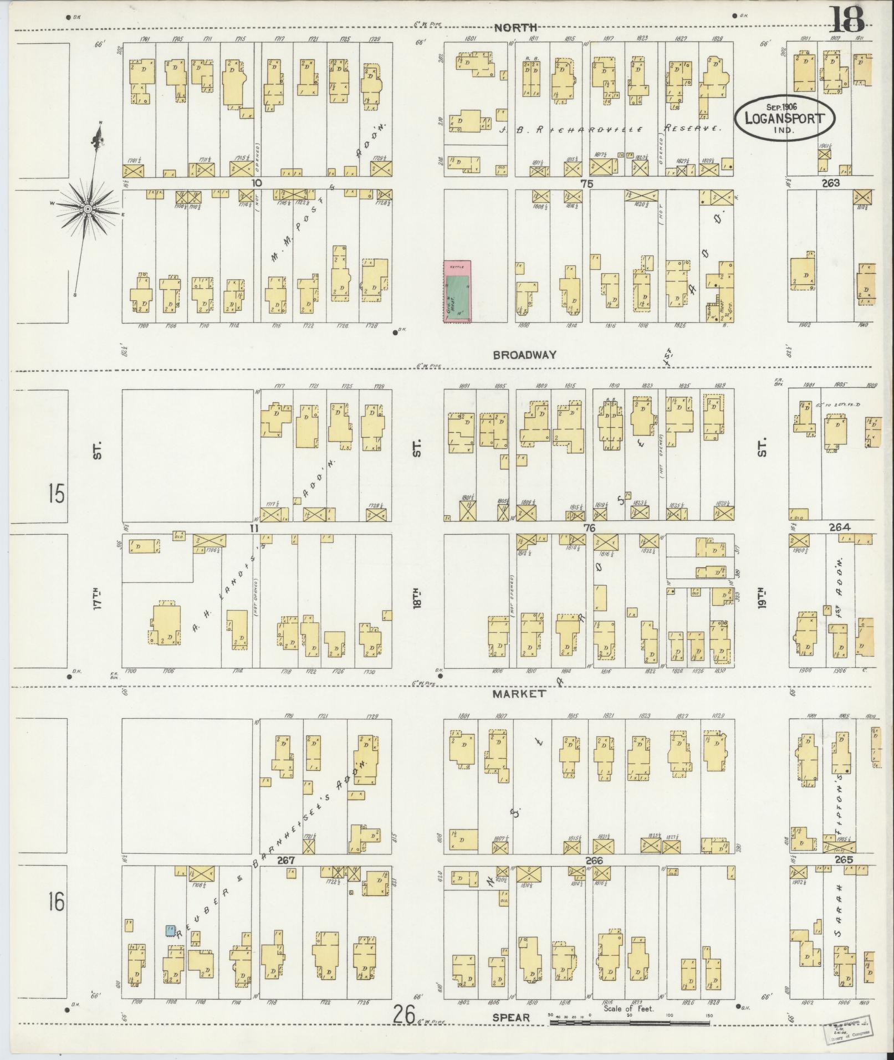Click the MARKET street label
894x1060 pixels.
click(x=519, y=693)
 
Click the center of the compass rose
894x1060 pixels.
click(x=88, y=208)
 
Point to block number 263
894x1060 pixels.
click(x=831, y=183)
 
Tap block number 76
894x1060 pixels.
click(x=589, y=529)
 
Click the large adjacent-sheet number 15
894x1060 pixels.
click(x=56, y=493)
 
